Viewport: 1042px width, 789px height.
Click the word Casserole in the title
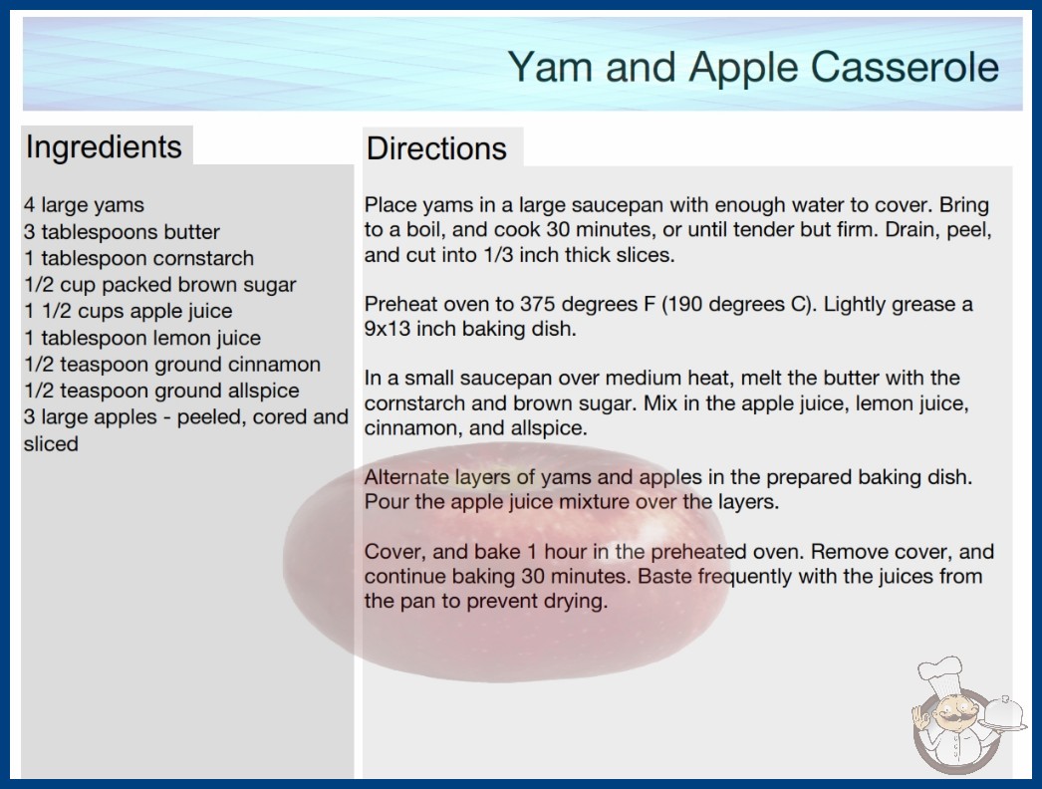tap(905, 67)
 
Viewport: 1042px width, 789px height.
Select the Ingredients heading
tap(104, 147)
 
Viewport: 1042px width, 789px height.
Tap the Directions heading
tap(436, 148)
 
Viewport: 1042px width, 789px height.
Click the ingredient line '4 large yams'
tap(84, 205)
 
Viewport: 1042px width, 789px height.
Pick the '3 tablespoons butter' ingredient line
tap(122, 232)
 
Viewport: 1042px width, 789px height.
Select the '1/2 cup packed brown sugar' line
tap(160, 285)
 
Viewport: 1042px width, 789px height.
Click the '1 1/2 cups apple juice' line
tap(129, 311)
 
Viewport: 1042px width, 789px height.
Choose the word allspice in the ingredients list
tap(263, 391)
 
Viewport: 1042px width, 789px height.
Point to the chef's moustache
tap(952, 718)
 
